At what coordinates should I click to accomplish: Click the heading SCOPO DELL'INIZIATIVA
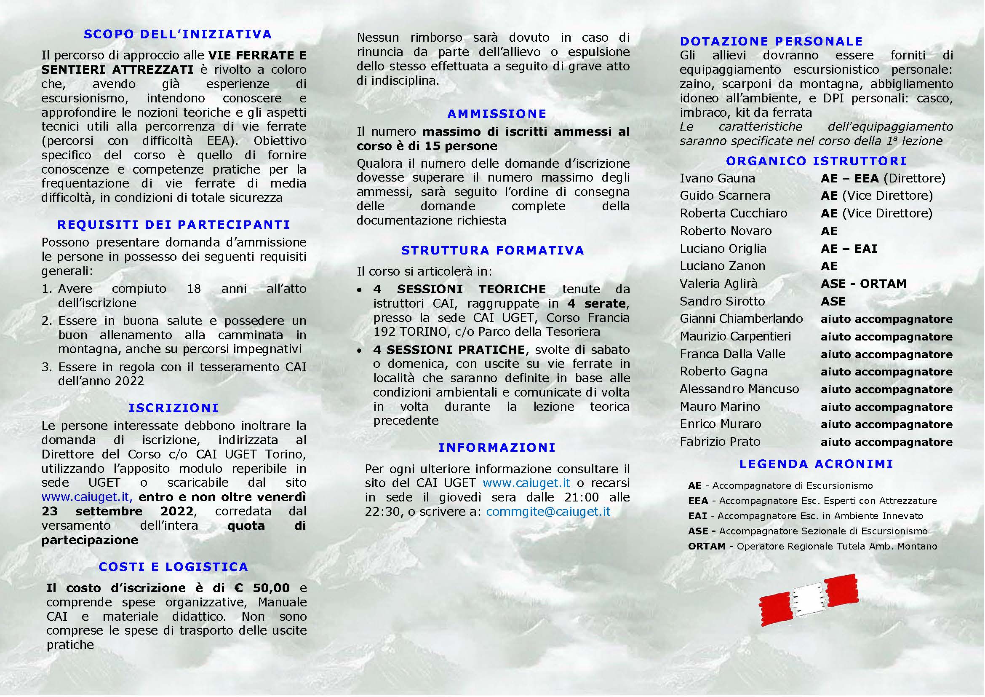(178, 34)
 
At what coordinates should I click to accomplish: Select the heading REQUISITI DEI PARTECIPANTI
(174, 225)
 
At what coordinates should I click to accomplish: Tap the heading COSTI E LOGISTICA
(174, 566)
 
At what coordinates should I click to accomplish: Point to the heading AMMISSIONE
(497, 114)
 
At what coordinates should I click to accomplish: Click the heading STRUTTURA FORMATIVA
(493, 250)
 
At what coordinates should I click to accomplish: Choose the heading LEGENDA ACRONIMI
(816, 464)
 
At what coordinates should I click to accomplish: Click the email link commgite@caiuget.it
(548, 512)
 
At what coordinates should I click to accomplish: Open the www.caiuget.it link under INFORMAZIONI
(526, 483)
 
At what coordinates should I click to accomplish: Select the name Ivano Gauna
(717, 178)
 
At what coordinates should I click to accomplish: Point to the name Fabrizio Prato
(720, 442)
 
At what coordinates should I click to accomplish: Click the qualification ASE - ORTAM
(863, 284)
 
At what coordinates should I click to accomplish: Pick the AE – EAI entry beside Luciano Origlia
(849, 249)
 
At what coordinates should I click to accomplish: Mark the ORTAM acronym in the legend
(707, 547)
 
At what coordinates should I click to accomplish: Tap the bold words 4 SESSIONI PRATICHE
(449, 350)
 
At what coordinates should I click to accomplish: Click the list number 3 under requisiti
(46, 367)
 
